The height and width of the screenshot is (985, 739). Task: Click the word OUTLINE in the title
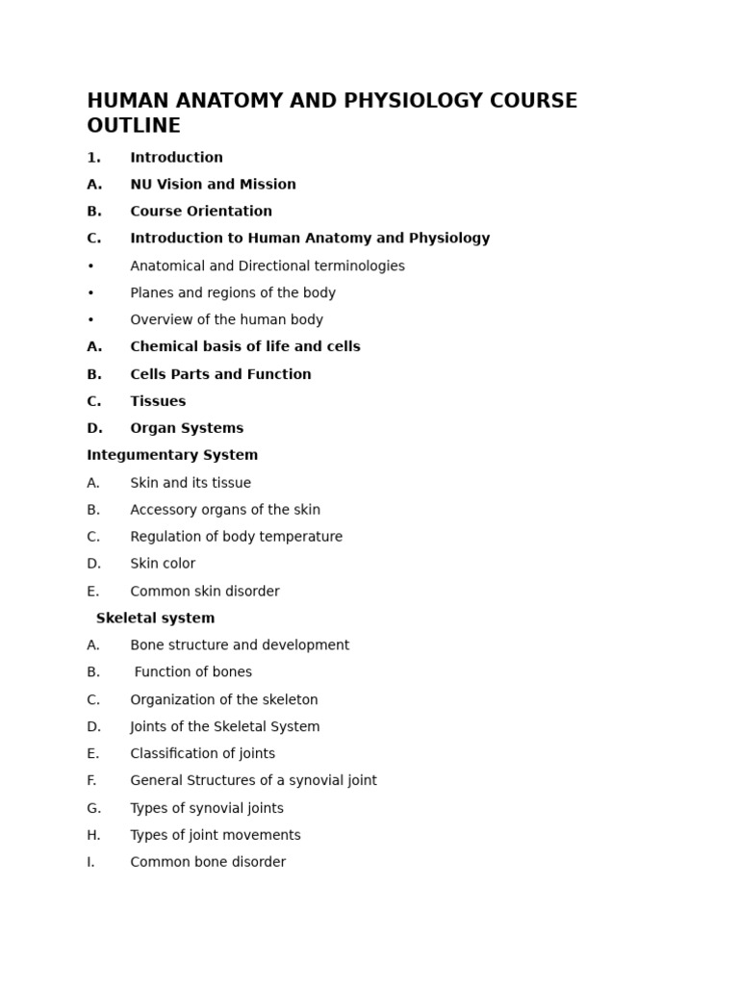click(134, 126)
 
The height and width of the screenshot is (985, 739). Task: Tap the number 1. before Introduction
click(93, 158)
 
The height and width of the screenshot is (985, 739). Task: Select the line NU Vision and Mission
click(213, 185)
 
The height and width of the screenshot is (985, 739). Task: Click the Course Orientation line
click(201, 212)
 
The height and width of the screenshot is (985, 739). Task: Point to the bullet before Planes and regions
click(90, 293)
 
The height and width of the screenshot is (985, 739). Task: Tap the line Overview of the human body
click(226, 320)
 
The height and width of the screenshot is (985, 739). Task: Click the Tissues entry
click(158, 401)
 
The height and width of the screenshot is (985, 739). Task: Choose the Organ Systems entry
click(187, 428)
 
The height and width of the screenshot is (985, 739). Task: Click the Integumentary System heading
click(172, 455)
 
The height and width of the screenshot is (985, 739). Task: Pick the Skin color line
click(163, 564)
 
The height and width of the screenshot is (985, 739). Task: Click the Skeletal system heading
click(155, 619)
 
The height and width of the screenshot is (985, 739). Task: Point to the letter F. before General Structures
click(91, 781)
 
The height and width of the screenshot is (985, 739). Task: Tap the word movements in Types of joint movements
click(260, 835)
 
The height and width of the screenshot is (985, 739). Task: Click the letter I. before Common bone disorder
click(90, 862)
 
